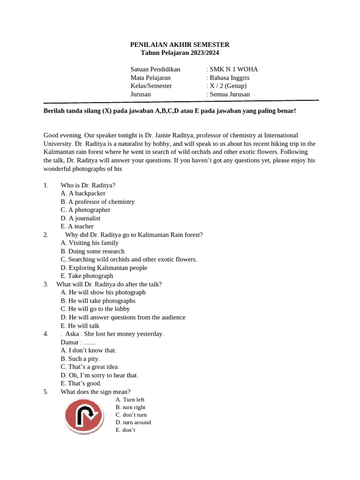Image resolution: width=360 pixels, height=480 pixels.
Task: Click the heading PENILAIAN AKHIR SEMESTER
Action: pyautogui.click(x=180, y=45)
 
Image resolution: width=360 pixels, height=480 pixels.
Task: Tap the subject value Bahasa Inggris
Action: pyautogui.click(x=229, y=78)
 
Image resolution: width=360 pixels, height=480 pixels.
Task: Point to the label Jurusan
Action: pyautogui.click(x=141, y=94)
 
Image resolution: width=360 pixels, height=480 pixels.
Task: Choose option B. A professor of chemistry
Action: pyautogui.click(x=97, y=202)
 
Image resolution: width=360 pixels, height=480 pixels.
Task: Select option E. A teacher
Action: pyautogui.click(x=77, y=226)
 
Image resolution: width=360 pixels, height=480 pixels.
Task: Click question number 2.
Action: pyautogui.click(x=46, y=234)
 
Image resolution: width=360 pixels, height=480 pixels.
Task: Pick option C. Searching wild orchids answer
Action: pyautogui.click(x=129, y=259)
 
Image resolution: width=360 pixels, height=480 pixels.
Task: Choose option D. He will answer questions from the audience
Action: pyautogui.click(x=123, y=317)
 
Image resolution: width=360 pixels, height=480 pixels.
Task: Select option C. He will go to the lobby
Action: pyautogui.click(x=95, y=309)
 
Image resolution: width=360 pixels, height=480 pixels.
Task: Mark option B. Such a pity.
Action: pyautogui.click(x=80, y=359)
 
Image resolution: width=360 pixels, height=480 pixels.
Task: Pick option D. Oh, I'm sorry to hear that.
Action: pyautogui.click(x=99, y=375)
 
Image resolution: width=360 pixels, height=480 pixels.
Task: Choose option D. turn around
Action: pyautogui.click(x=133, y=422)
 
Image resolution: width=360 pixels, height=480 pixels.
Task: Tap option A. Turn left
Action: pyautogui.click(x=130, y=399)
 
